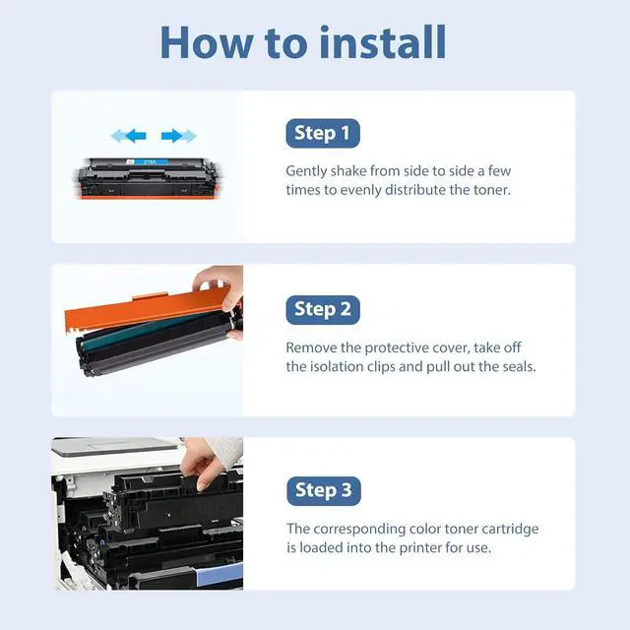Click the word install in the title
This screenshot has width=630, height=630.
coord(383,41)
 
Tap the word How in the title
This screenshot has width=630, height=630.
coord(207,42)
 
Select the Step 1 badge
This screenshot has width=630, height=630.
coord(323,133)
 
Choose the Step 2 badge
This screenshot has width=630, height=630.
coord(323,309)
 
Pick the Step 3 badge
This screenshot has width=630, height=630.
coord(324,490)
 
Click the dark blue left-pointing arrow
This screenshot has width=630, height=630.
coord(136,136)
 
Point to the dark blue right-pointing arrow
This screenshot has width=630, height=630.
coord(171,136)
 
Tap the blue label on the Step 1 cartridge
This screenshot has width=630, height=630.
coord(147,161)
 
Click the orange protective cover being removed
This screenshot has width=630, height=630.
coord(147,309)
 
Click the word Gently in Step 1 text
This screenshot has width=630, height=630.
coord(306,171)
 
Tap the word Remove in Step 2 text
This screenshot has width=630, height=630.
coord(311,347)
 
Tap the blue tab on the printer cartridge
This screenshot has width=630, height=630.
coord(220,575)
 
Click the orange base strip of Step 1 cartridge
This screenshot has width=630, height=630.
coord(149,197)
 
